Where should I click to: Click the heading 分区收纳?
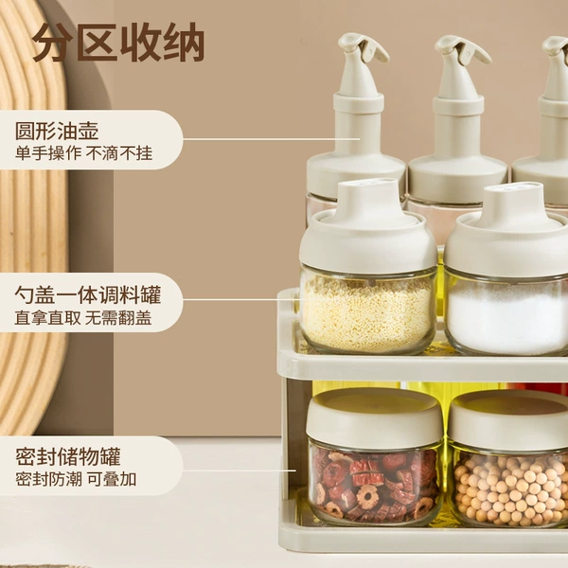118,43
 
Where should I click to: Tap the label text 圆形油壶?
57,131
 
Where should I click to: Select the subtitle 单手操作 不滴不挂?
83,153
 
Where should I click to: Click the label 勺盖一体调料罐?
88,294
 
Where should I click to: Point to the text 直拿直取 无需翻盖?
83,318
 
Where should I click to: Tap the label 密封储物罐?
67,456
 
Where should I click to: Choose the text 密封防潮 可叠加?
76,479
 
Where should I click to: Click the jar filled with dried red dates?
375,457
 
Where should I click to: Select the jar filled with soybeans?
507,459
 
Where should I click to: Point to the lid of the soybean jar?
507,417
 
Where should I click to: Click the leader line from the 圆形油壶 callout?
272,139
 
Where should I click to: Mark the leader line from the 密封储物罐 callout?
240,470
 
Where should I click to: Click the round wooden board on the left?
33,218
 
